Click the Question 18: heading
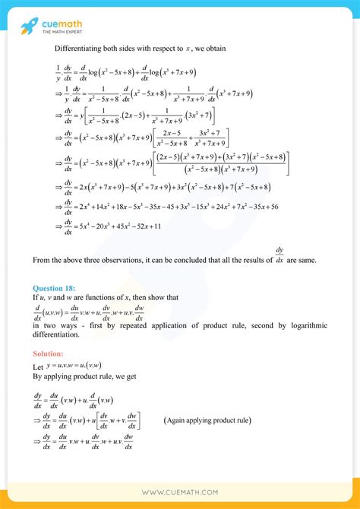point(55,288)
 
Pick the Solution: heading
point(49,354)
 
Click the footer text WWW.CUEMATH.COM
point(179,492)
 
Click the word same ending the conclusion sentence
point(317,261)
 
